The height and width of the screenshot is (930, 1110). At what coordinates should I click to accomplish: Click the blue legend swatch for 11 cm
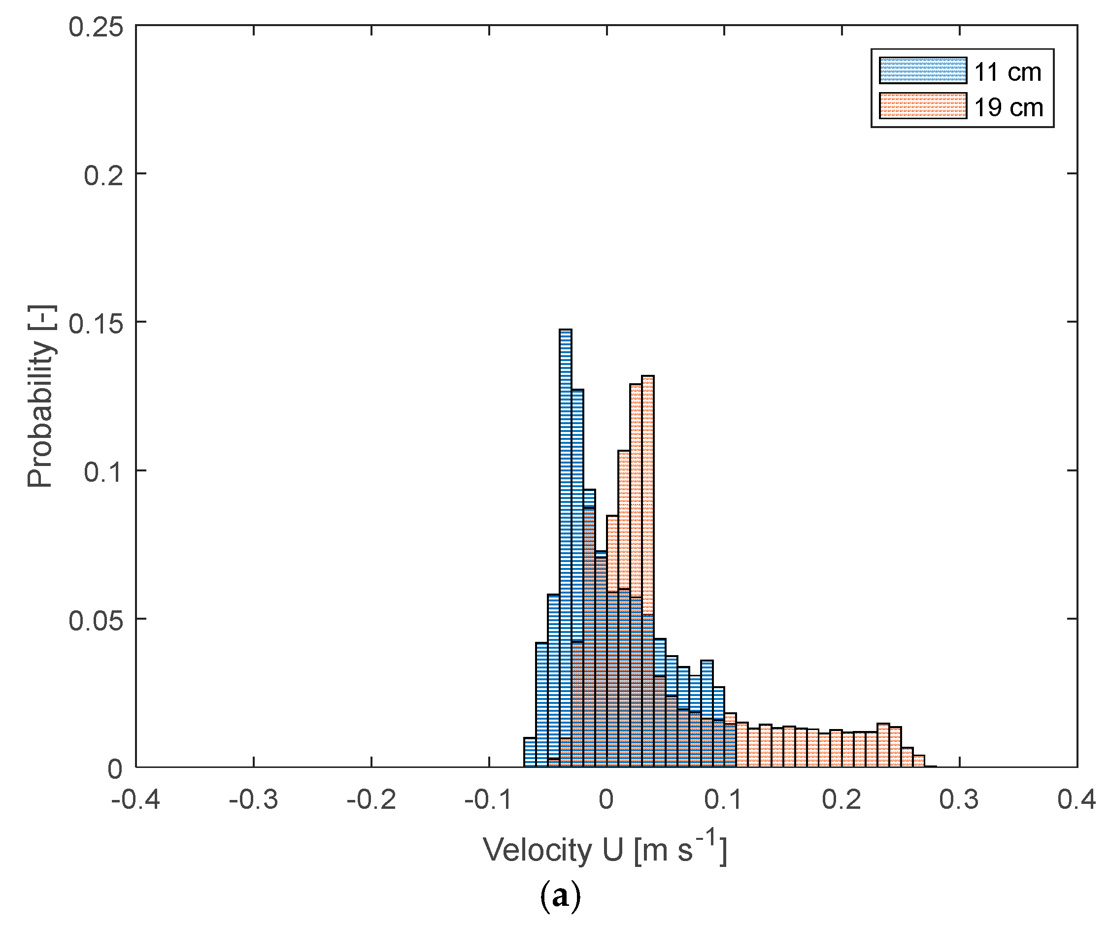(923, 71)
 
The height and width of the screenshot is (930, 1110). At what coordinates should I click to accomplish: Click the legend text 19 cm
(1009, 107)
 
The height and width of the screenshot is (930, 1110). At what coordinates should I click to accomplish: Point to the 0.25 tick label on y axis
(96, 27)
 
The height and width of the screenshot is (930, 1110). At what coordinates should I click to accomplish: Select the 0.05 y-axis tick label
(96, 620)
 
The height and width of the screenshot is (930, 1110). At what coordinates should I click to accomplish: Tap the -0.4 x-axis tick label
(135, 799)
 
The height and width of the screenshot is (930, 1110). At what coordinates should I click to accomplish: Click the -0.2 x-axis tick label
(371, 799)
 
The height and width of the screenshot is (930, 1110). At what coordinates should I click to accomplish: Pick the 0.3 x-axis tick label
(959, 799)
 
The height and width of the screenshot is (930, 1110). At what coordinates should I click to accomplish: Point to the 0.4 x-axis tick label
(1076, 799)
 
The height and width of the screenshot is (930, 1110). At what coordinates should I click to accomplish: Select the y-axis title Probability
(41, 397)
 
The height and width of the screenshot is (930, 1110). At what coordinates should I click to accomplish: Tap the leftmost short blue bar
(530, 753)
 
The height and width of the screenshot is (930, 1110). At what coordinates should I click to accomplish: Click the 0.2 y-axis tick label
(103, 175)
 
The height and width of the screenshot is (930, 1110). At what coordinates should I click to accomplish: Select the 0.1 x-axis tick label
(724, 799)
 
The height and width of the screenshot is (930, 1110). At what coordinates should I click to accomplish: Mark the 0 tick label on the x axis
(606, 799)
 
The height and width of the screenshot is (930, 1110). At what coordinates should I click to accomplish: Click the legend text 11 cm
(1008, 72)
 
